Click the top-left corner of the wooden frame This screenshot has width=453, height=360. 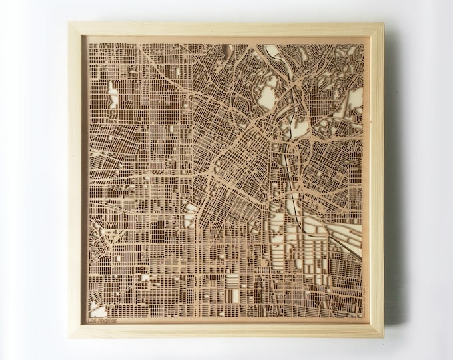tap(70, 23)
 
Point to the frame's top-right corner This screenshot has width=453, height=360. tap(384, 24)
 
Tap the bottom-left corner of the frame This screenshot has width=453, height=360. tap(69, 335)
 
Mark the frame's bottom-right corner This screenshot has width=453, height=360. tap(384, 337)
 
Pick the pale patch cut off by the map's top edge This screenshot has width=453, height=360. tap(273, 49)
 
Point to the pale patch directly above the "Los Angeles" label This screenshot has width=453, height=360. tap(98, 310)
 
